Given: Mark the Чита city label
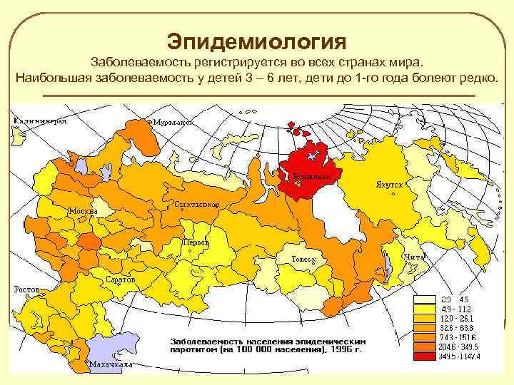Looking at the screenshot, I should (414, 257).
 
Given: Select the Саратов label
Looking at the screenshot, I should (121, 279).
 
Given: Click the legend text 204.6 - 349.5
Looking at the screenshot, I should (458, 346).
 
